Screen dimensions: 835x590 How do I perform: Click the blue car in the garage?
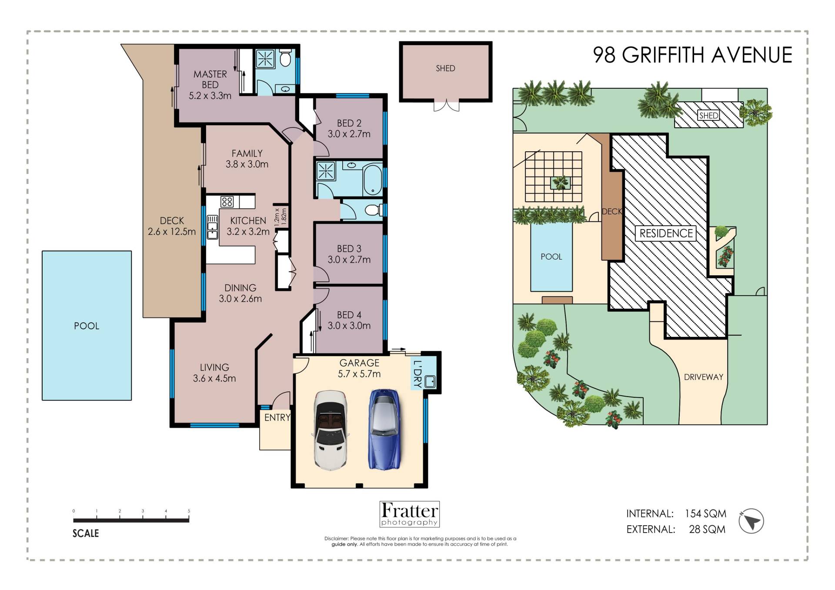tap(384, 429)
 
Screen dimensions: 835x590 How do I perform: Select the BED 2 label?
tap(349, 123)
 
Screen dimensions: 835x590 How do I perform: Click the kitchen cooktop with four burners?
tap(227, 202)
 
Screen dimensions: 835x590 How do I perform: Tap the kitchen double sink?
tap(212, 227)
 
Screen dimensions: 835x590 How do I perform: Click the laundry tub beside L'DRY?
tap(430, 381)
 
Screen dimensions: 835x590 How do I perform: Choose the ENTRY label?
tap(277, 417)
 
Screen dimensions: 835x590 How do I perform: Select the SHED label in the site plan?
tap(708, 115)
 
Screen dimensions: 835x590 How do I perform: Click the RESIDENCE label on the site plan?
tap(666, 233)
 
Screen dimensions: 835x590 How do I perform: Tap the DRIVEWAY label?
tap(703, 377)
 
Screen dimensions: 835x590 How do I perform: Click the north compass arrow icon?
tap(751, 521)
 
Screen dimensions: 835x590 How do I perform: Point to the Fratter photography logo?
tap(409, 514)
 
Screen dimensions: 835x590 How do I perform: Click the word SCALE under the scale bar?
tap(86, 533)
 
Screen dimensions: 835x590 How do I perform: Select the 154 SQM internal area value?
tap(705, 513)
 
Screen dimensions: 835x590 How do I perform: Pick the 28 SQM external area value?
tap(707, 529)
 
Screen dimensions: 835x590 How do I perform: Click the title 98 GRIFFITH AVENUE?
tap(692, 55)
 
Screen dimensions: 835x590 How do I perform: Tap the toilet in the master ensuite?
tap(285, 59)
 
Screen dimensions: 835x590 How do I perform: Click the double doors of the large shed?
tap(446, 106)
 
